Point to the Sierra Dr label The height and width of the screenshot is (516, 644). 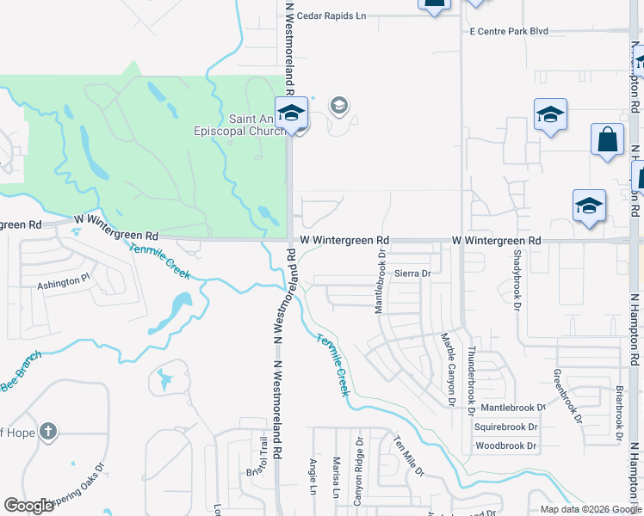[412, 273]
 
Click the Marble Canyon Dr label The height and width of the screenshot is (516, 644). [447, 369]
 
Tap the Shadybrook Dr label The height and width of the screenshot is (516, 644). [517, 280]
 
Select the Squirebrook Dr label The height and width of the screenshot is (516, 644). [505, 427]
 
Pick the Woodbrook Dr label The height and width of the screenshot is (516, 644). [505, 446]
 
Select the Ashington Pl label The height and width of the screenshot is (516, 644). [63, 280]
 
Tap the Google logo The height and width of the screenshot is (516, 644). [29, 506]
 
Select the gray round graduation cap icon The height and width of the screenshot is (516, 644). [339, 106]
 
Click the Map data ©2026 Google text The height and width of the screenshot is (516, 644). [591, 509]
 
